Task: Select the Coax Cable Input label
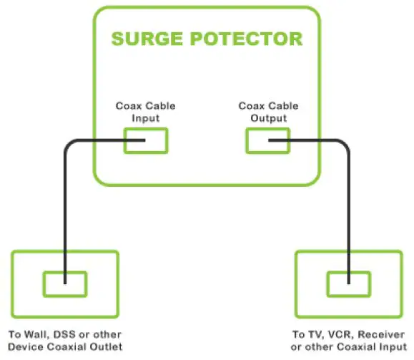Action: click(146, 112)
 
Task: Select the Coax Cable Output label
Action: click(267, 112)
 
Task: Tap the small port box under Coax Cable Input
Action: click(146, 140)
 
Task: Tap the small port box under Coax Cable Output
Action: click(267, 140)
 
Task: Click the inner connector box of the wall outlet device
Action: click(65, 283)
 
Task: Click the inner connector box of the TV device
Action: click(348, 283)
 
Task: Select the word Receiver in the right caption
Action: click(371, 334)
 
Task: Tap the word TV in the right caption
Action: click(312, 334)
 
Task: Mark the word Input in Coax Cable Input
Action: click(146, 118)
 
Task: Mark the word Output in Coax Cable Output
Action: click(267, 118)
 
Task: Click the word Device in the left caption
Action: click(24, 347)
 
